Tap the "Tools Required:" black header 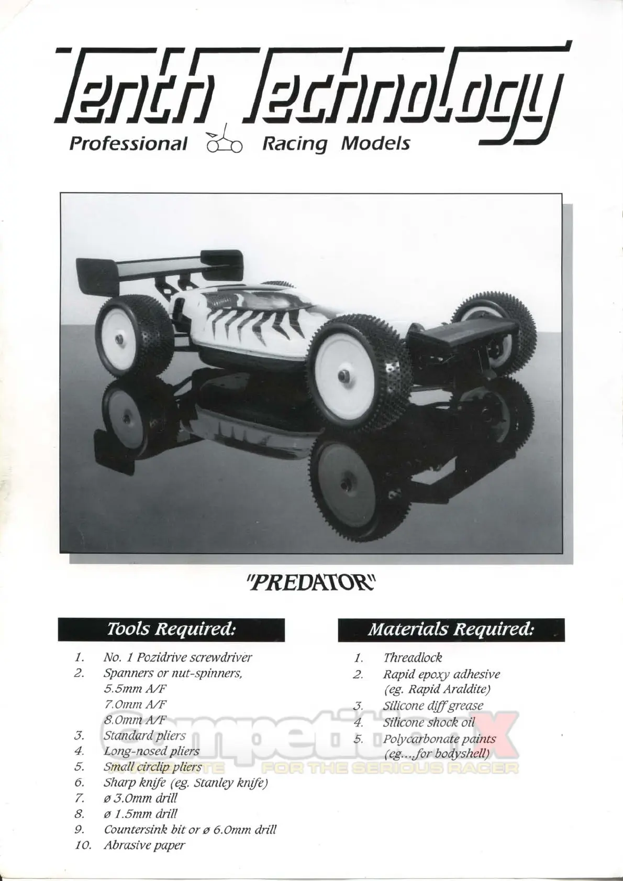(171, 629)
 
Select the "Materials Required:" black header (451, 629)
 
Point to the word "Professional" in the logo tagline (128, 143)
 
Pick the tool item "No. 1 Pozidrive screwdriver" (177, 657)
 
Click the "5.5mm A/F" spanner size (135, 688)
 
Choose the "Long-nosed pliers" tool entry (151, 751)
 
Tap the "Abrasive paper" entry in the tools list (144, 844)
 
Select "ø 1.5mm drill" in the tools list (140, 813)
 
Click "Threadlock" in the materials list (413, 657)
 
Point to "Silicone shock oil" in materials (429, 722)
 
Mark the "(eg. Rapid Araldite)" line (437, 689)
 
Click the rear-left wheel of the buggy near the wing (133, 330)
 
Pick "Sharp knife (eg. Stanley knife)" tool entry (185, 783)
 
